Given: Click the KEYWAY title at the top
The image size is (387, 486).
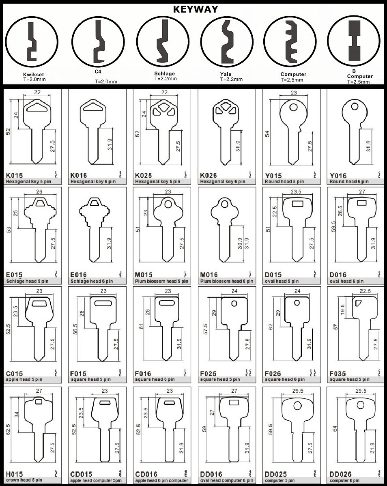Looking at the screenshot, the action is point(195,9).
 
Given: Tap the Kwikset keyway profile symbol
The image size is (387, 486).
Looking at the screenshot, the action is point(32,42).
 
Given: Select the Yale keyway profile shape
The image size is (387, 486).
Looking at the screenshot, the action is point(228,42).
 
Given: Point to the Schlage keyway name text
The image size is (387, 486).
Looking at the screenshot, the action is point(165,73).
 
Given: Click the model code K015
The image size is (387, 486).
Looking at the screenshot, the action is point(14,175).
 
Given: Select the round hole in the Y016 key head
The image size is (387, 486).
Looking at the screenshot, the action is point(355,107).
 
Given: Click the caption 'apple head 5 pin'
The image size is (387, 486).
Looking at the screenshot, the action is point(24,379).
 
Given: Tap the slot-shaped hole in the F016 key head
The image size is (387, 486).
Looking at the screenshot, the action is point(168,303).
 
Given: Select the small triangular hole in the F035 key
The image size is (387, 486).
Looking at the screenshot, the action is point(358,303).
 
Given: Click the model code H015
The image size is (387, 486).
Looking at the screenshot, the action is point(14,474).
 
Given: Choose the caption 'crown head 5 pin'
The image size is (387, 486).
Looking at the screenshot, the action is point(24,480).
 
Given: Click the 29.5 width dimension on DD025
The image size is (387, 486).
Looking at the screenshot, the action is point(297,391).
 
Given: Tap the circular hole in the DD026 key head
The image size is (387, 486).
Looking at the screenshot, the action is point(360,405).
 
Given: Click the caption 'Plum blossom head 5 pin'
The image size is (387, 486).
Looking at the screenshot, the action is point(161,281).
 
